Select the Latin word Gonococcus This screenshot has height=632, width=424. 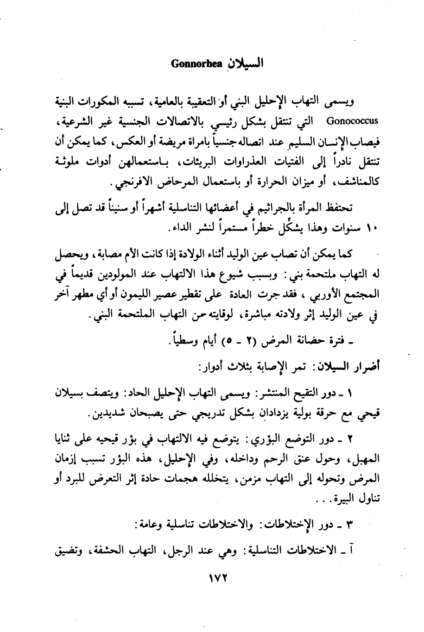(x=352, y=122)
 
